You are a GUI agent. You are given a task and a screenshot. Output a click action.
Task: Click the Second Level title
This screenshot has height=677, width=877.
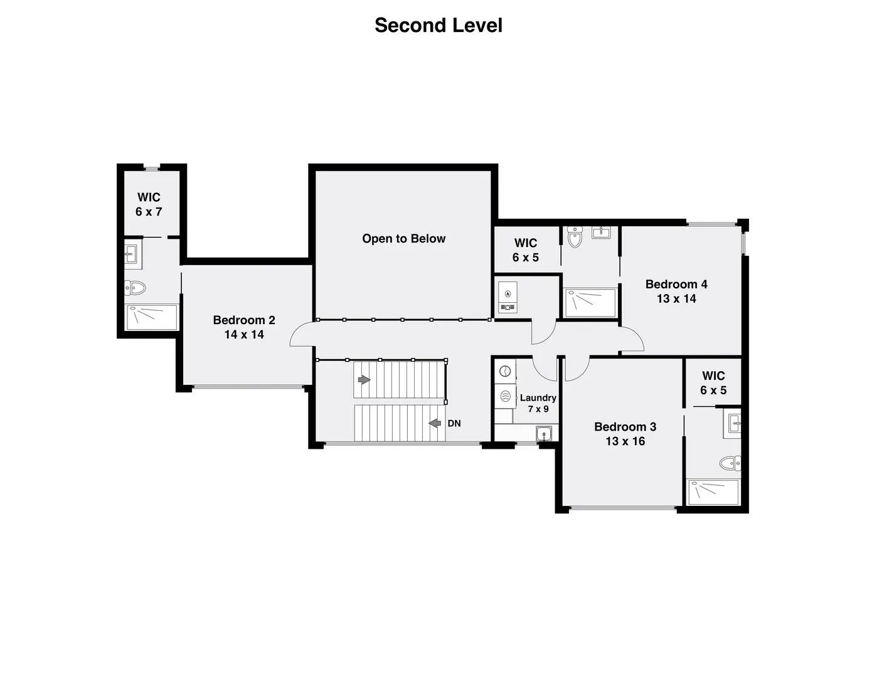438,26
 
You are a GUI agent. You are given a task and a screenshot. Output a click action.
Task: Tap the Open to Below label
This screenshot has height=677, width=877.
403,239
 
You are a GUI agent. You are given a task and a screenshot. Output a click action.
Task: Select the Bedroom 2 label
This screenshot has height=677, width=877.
244,327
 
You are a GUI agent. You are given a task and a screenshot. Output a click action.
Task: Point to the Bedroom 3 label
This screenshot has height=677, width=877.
625,434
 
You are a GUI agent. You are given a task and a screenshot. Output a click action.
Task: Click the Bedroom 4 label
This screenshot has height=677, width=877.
676,291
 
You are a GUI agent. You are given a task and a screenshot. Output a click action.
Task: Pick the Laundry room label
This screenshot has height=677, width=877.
538,403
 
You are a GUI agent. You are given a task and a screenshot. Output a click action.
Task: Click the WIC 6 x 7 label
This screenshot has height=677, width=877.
149,204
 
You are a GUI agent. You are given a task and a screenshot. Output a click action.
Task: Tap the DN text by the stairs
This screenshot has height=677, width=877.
454,423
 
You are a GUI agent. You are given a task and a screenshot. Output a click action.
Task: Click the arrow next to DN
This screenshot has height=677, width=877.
435,423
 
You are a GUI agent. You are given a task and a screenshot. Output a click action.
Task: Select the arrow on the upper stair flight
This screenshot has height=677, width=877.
364,379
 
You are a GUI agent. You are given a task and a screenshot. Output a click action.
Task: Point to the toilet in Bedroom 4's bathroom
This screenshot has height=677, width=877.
574,237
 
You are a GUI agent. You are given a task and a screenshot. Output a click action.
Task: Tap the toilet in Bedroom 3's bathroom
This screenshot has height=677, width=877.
730,463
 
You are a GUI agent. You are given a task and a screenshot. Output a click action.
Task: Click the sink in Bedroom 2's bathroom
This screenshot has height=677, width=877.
133,254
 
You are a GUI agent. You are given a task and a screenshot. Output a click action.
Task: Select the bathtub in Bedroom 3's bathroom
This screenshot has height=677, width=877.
713,492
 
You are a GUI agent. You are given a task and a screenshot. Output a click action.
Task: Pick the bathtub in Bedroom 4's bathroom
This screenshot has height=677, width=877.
590,302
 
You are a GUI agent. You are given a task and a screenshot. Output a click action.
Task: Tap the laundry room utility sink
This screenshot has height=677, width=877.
544,434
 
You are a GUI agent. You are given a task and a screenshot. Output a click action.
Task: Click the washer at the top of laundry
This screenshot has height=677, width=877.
505,371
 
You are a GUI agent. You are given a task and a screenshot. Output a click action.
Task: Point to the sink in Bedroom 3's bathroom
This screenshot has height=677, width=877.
735,423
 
